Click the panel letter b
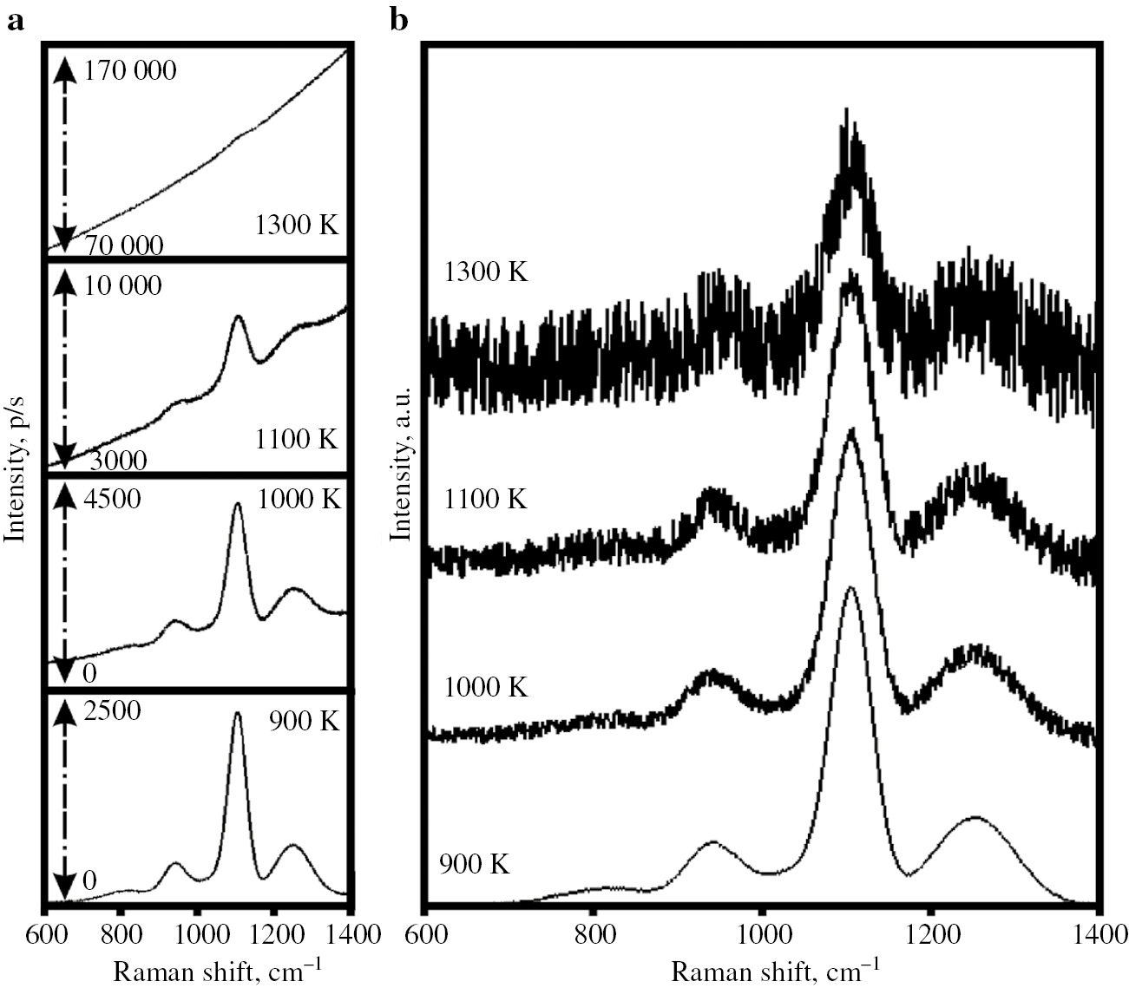[398, 21]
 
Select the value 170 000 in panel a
[130, 70]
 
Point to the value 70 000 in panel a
[123, 245]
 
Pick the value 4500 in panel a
[112, 500]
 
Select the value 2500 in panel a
[112, 710]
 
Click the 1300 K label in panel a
[297, 226]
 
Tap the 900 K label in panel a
[303, 721]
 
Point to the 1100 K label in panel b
[485, 500]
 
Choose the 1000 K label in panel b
[485, 687]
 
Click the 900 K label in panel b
[474, 864]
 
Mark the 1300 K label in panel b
[485, 272]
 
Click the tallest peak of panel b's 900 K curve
[850, 588]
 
